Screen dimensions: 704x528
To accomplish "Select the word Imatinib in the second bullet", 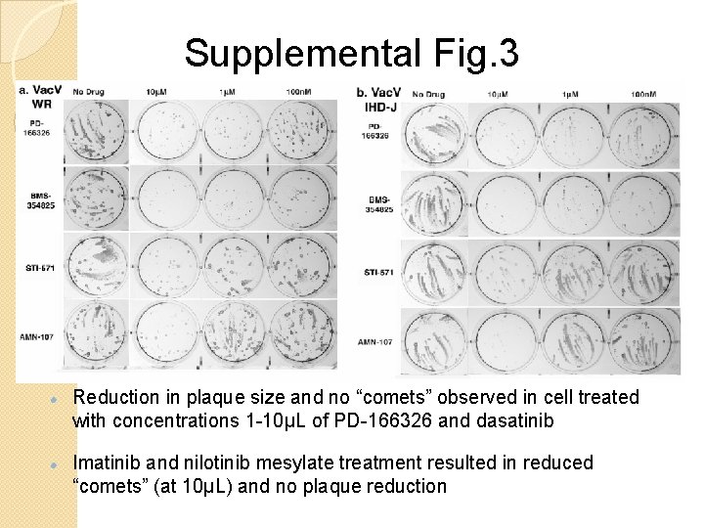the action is [x=108, y=462].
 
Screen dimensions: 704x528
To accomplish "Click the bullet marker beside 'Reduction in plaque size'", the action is [x=60, y=399].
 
